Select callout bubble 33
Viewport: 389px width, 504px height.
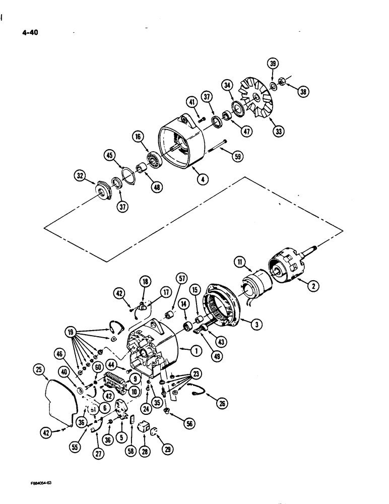[x=278, y=132]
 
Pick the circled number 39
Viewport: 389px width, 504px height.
[x=273, y=64]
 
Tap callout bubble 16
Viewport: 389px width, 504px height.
[x=138, y=136]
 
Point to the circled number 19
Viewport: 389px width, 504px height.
[x=72, y=333]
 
